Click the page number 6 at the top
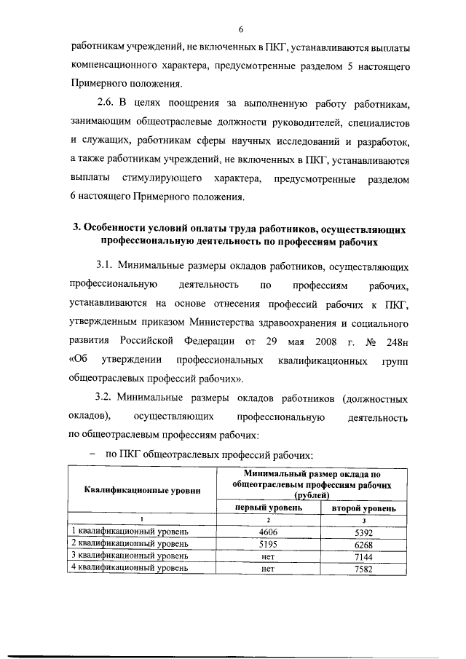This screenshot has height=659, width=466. [239, 29]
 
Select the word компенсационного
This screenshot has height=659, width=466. [113, 66]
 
